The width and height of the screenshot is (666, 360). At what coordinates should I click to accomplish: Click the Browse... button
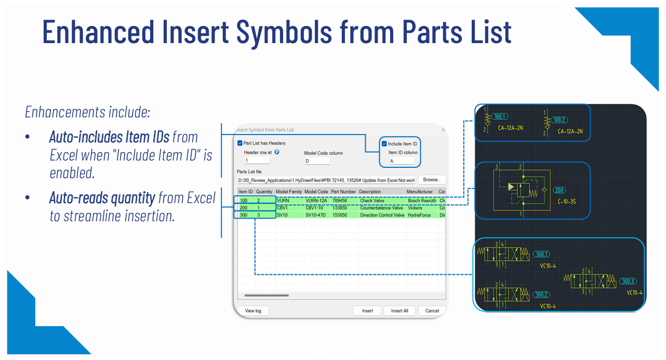432,180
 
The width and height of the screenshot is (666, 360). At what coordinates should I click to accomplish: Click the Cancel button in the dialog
432,311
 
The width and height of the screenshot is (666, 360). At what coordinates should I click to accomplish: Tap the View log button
253,311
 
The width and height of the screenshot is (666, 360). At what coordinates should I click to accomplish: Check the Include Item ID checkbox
384,144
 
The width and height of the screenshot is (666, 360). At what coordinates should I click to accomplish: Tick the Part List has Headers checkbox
240,143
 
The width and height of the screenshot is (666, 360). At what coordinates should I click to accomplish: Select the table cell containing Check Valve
372,201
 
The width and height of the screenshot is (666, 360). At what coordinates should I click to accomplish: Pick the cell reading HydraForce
419,215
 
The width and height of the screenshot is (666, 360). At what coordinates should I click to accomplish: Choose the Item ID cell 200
244,208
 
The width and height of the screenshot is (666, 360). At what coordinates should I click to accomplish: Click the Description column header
370,192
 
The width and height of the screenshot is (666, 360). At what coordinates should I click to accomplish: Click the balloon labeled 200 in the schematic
559,190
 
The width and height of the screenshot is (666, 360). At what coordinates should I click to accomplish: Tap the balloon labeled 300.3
628,281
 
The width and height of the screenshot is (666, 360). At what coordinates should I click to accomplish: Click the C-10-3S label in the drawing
567,201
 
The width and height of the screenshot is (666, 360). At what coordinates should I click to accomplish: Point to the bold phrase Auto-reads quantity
102,198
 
